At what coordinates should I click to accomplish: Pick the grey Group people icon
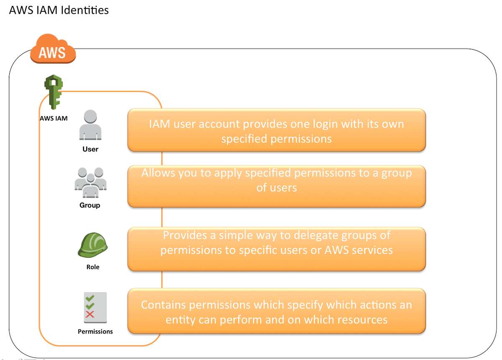point(90,183)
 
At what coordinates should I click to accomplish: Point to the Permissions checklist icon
point(95,307)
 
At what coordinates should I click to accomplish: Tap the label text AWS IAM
point(54,118)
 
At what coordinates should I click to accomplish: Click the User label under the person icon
point(90,149)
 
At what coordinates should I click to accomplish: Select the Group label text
point(90,205)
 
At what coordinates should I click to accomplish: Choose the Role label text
point(93,267)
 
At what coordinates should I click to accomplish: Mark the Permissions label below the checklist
point(95,331)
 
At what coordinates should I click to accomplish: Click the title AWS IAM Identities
point(59,10)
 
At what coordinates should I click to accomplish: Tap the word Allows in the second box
point(159,173)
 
